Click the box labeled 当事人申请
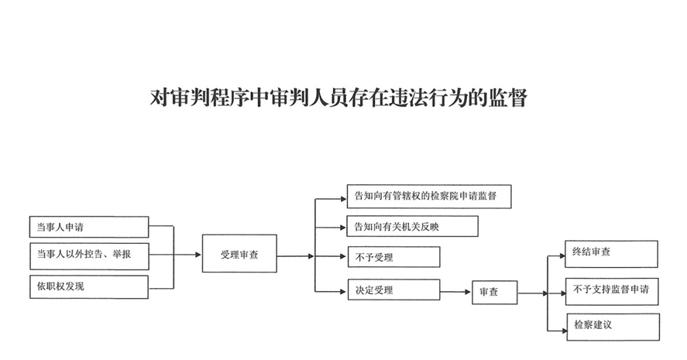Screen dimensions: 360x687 (x=88, y=227)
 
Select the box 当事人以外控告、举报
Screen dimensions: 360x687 (x=88, y=255)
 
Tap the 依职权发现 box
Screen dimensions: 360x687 (x=88, y=286)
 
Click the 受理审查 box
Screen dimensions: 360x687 (x=239, y=254)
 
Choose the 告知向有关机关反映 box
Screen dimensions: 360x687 (x=411, y=227)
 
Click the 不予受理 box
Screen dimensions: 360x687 (x=393, y=257)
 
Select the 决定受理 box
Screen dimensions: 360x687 (x=393, y=290)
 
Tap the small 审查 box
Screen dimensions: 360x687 (x=494, y=292)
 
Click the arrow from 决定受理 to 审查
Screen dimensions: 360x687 (x=455, y=291)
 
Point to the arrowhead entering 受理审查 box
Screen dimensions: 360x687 (x=198, y=254)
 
